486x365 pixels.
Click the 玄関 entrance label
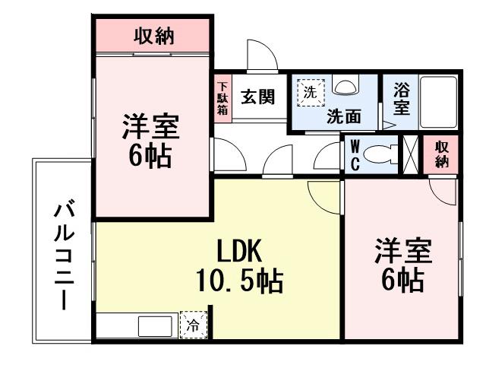click(x=257, y=98)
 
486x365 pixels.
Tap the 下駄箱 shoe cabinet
click(x=222, y=99)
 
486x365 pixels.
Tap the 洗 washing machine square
click(x=310, y=93)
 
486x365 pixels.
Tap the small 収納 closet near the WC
click(x=442, y=154)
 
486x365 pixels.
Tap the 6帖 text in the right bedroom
click(x=402, y=281)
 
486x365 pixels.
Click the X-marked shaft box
click(x=411, y=154)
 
